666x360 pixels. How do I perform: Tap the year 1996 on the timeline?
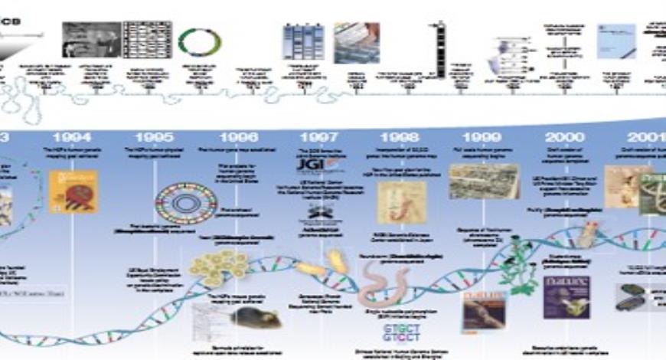[x=238, y=137]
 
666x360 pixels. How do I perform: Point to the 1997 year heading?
[x=318, y=137]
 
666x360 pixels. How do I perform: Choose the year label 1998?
[x=399, y=137]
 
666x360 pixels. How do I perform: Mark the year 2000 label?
[x=566, y=137]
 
